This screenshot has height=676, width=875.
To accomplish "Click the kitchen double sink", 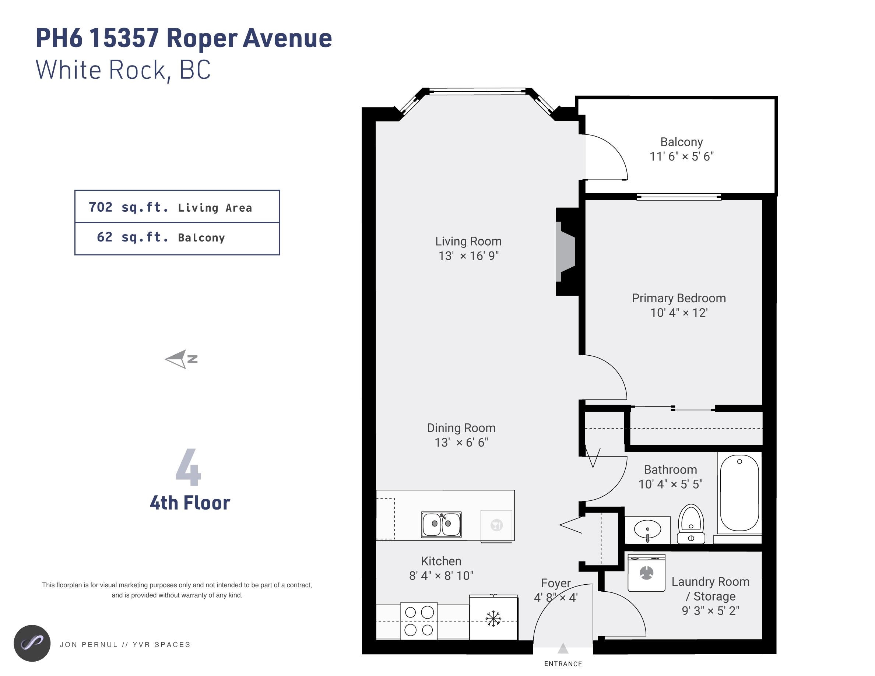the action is point(441,524).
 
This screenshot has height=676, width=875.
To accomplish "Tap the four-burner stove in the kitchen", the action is point(419,621).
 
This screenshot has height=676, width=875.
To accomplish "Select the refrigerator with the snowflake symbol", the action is point(493,617).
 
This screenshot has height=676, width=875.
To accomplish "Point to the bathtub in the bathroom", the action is point(739,493).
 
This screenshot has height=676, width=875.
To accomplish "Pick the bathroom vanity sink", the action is point(648,530).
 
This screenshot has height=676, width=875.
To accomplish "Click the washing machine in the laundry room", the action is point(647,573).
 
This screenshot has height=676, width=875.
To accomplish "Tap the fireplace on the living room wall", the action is point(566,251).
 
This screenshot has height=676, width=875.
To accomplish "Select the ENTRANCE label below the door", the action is point(563,663).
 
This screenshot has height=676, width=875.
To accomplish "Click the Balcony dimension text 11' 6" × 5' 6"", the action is point(682,156).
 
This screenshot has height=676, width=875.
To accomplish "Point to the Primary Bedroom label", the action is point(679,298).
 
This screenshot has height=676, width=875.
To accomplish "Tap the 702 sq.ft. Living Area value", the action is point(170,207).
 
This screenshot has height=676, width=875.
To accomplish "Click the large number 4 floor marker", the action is point(188,467).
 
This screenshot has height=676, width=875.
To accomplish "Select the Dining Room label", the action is point(461,428).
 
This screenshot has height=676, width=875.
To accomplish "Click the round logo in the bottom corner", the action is point(32,643).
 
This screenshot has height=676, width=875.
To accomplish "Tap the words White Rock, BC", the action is point(123,70).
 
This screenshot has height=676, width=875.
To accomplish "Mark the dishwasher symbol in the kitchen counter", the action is point(496,525).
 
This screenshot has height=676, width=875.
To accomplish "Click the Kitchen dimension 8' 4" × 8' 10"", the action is point(441,575).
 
